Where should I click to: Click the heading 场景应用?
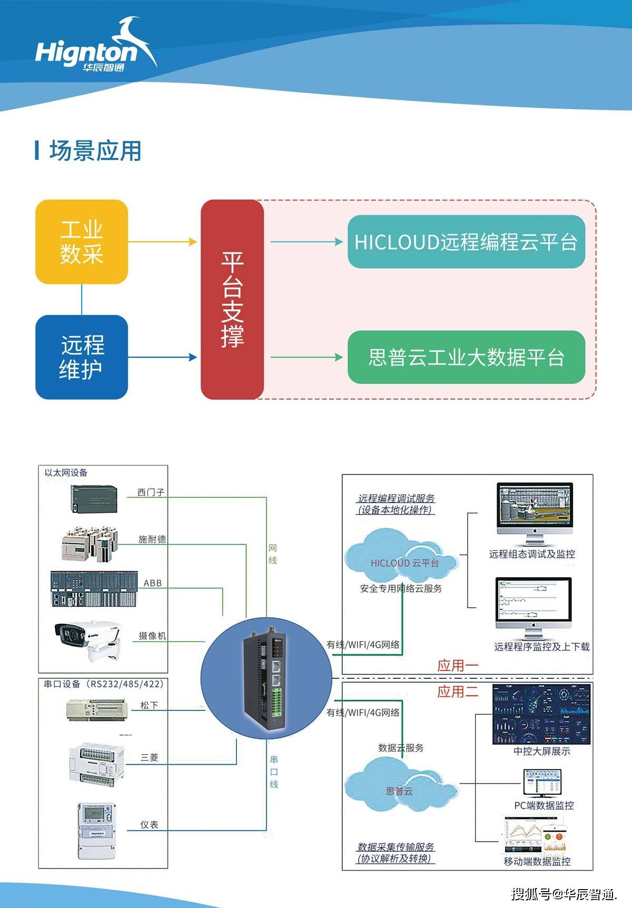tap(95, 151)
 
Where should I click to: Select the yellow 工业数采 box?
tap(82, 242)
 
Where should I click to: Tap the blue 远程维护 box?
tap(82, 357)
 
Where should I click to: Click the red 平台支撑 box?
tap(232, 299)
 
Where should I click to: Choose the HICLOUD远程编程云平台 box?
tap(466, 242)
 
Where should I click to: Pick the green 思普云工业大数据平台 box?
tap(466, 357)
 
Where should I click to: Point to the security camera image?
tap(87, 640)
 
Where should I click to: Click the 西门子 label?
tap(151, 492)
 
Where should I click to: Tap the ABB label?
tap(153, 583)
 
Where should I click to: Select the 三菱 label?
tap(150, 757)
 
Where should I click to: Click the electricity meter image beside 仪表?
tap(96, 831)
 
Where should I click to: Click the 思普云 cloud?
tap(400, 787)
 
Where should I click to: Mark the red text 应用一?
tap(457, 665)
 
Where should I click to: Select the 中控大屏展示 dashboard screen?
tap(541, 714)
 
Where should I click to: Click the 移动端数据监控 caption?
tap(537, 861)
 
